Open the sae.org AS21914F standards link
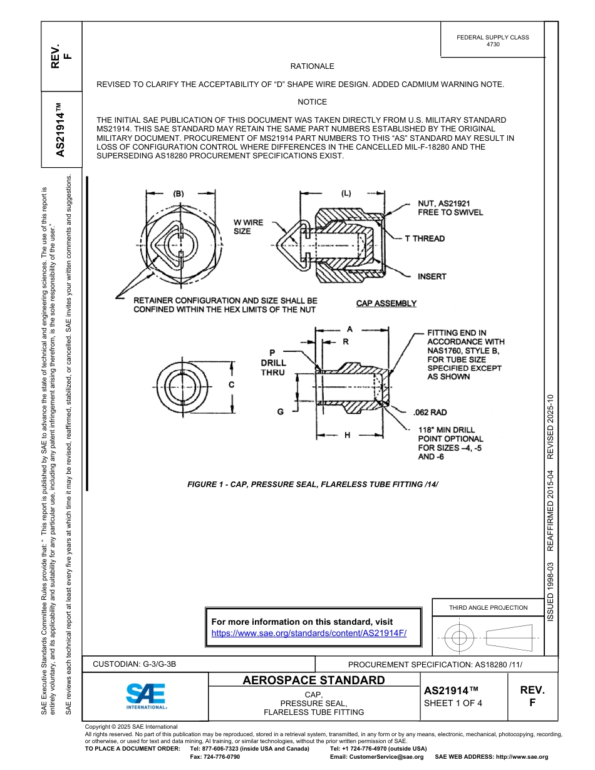[309, 633]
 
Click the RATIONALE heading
[312, 66]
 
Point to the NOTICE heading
[312, 102]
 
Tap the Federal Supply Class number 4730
[493, 45]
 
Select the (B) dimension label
[178, 193]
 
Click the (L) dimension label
[346, 193]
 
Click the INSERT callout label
[432, 276]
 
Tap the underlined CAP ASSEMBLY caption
[386, 304]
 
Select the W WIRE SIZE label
[248, 227]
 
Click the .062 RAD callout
[430, 413]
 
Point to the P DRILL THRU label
[273, 362]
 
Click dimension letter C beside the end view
[232, 385]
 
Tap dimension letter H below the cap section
[347, 435]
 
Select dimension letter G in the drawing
[280, 411]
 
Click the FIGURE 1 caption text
[313, 484]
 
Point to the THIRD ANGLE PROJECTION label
[488, 607]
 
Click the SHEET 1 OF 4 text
[453, 702]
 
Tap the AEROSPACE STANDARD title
[314, 680]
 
